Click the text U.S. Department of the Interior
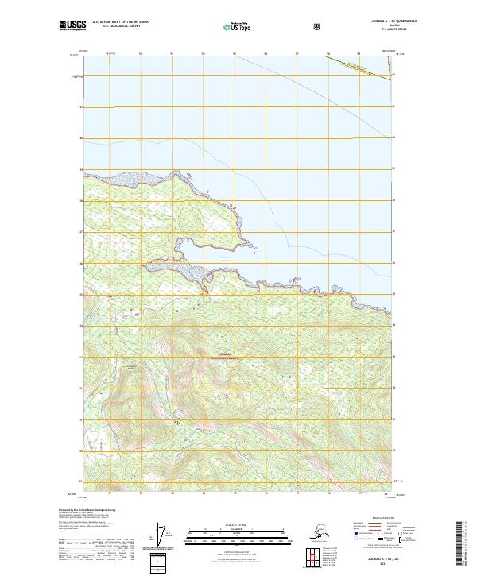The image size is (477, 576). point(120,23)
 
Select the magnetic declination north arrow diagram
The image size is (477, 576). point(165,535)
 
